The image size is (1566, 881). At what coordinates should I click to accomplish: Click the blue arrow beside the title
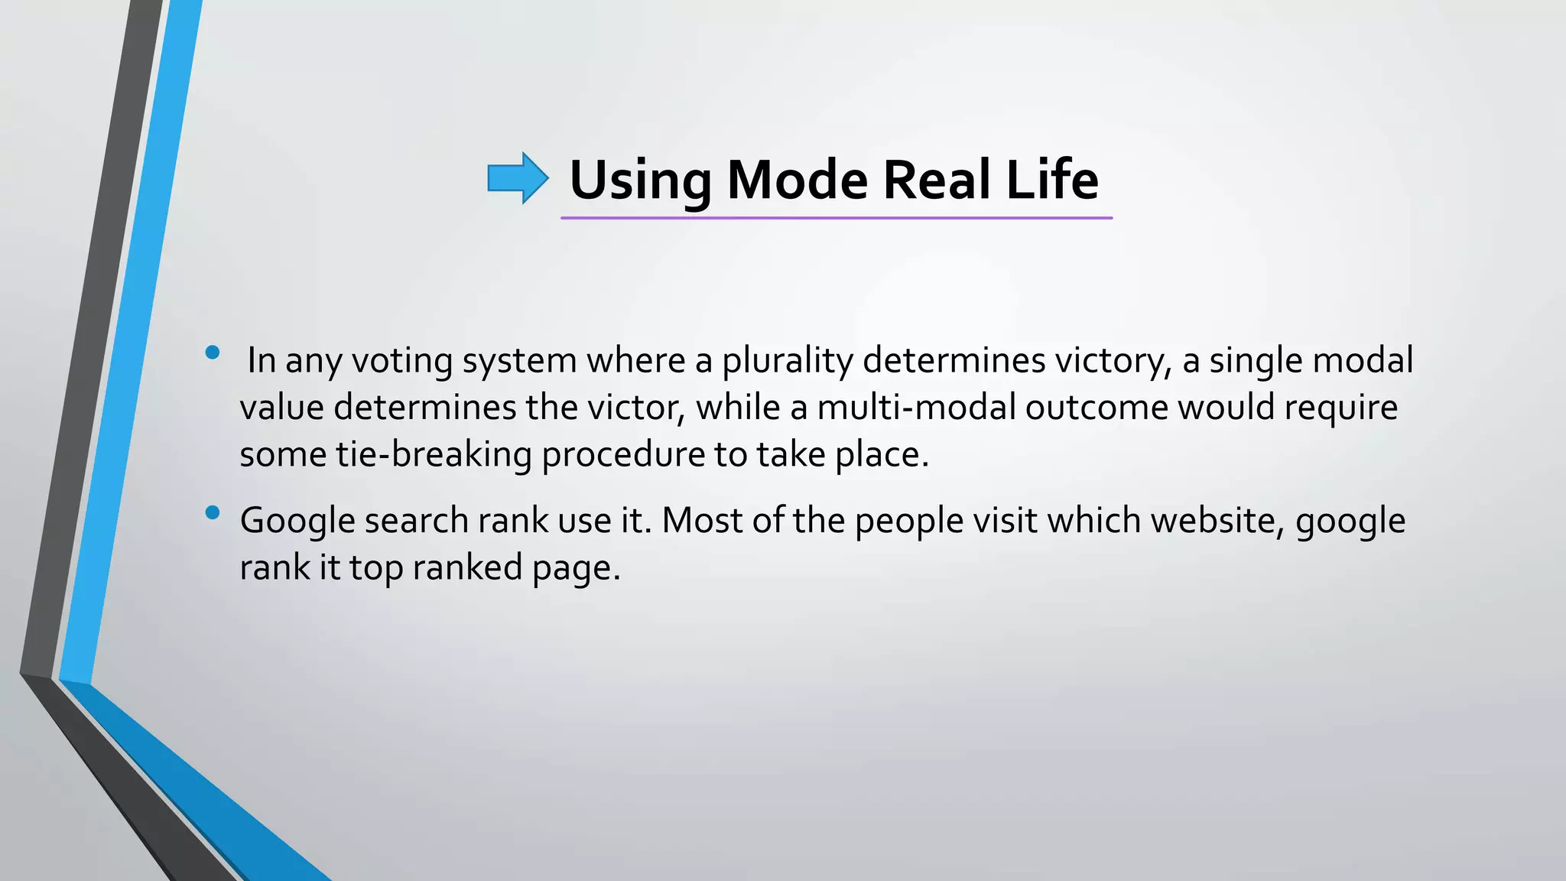[x=518, y=178]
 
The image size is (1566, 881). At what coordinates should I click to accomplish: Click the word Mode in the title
[x=797, y=180]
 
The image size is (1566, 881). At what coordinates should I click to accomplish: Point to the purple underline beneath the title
[x=836, y=219]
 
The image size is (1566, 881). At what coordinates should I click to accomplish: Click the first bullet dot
[x=213, y=353]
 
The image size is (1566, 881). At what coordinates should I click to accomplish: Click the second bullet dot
[x=213, y=513]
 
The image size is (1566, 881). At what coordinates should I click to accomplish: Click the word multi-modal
[x=916, y=408]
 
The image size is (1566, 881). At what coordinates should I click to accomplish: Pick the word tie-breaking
[x=434, y=455]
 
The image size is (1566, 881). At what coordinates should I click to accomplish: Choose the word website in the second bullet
[x=1217, y=521]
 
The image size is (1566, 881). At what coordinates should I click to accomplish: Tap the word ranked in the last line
[x=467, y=568]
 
